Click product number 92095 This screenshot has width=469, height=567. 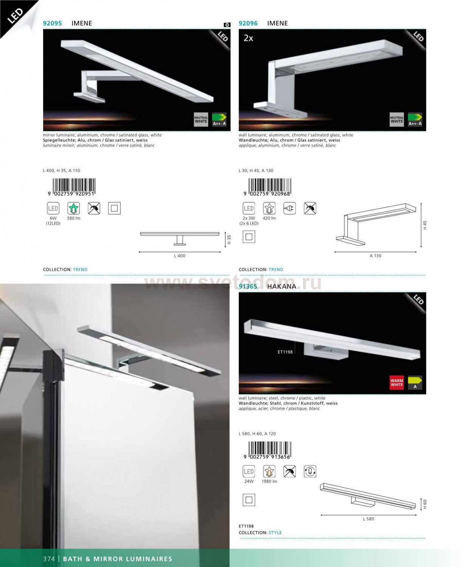pos(53,23)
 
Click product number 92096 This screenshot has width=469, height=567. pos(248,23)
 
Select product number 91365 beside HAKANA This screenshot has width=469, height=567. pos(248,286)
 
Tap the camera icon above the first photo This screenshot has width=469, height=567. pos(227,25)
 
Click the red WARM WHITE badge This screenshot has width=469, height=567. pos(397,383)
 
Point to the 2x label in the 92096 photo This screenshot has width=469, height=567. pos(248,38)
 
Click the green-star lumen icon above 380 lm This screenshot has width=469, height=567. pos(74,208)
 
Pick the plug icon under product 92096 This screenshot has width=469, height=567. pos(290,208)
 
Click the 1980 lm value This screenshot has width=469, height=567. pos(269,482)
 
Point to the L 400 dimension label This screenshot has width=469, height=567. pos(180,256)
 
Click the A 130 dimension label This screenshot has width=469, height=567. pos(375,256)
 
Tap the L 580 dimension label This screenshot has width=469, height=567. pos(368,519)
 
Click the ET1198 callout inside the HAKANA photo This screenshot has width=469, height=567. pos(285,352)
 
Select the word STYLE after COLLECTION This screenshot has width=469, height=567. pos(275,533)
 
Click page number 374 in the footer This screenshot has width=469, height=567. pos(49,559)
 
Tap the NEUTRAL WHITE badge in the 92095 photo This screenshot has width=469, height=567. pos(201,119)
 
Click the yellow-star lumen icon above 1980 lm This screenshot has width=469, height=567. pos(269,471)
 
